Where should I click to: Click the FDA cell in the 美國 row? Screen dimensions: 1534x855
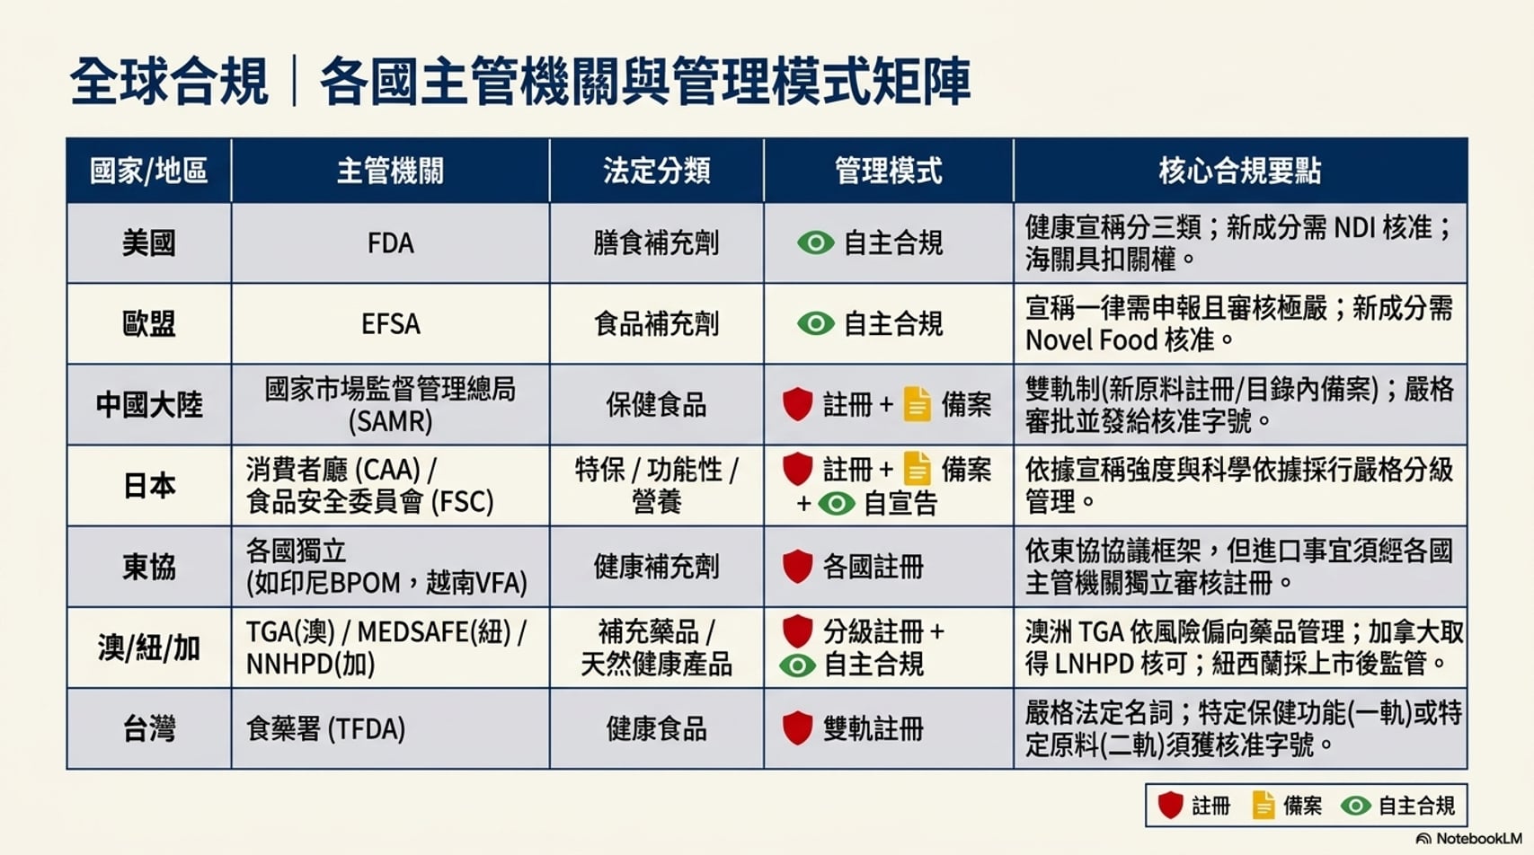pos(390,243)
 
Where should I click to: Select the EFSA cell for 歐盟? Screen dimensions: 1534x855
pos(390,324)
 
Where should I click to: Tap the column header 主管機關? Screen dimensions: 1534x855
pos(390,171)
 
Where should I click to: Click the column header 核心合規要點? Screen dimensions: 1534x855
pos(1239,171)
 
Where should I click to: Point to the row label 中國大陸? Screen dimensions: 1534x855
pos(149,404)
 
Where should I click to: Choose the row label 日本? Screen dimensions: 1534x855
pos(149,485)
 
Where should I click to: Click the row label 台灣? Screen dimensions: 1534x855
pos(149,728)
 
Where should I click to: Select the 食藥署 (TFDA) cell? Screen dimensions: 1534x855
pos(325,728)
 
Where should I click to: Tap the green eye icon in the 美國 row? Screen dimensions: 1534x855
pos(816,243)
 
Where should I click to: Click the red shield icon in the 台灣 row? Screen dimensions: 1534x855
pos(798,727)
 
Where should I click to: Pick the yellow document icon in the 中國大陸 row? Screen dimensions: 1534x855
pos(918,404)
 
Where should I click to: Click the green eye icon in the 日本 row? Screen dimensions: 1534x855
pos(836,504)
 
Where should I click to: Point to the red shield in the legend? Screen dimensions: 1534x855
pos(1170,805)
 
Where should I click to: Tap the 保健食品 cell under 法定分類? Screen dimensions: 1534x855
pos(656,404)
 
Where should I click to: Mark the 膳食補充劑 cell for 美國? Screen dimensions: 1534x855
pos(656,243)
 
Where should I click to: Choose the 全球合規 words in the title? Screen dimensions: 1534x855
pos(169,82)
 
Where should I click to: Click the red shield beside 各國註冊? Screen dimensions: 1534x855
pos(798,566)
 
